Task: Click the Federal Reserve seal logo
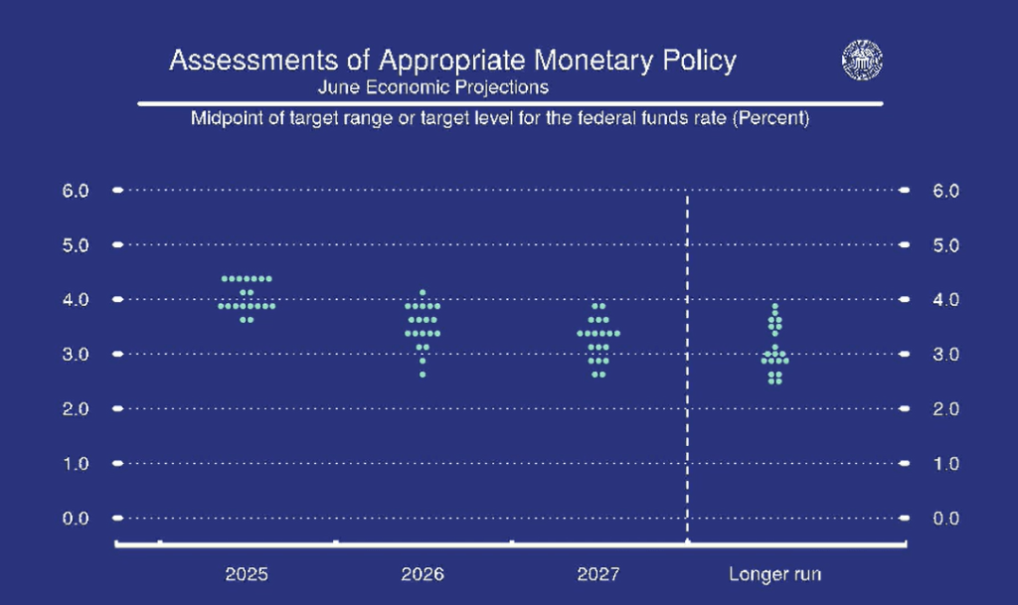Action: pyautogui.click(x=862, y=60)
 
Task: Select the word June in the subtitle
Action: pyautogui.click(x=336, y=86)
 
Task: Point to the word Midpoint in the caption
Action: pyautogui.click(x=228, y=119)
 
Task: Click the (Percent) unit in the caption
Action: pyautogui.click(x=766, y=119)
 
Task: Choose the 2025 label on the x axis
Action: pyautogui.click(x=247, y=574)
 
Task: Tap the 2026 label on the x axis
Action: pyautogui.click(x=423, y=574)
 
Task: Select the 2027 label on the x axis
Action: pyautogui.click(x=597, y=574)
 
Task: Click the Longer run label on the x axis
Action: pyautogui.click(x=775, y=574)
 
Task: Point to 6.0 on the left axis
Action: pyautogui.click(x=78, y=189)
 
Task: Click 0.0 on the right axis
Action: pyautogui.click(x=944, y=518)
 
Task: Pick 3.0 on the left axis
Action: pyautogui.click(x=78, y=354)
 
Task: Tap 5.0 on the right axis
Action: pyautogui.click(x=944, y=243)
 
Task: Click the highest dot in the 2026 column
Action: pyautogui.click(x=423, y=292)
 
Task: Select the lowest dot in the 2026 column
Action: pyautogui.click(x=423, y=375)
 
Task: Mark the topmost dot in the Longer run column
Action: pyautogui.click(x=775, y=306)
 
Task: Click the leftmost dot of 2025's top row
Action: pyautogui.click(x=223, y=278)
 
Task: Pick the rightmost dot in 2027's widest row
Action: pyautogui.click(x=617, y=333)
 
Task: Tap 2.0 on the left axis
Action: pyautogui.click(x=78, y=408)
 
